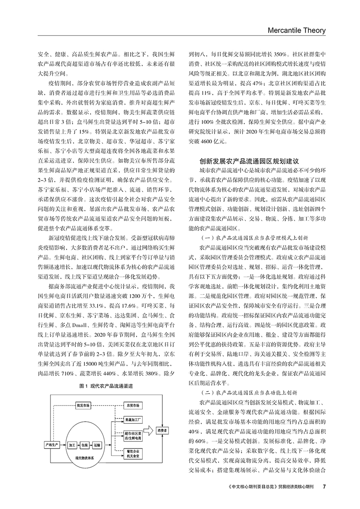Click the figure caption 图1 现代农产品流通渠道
pyautogui.click(x=106, y=386)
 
